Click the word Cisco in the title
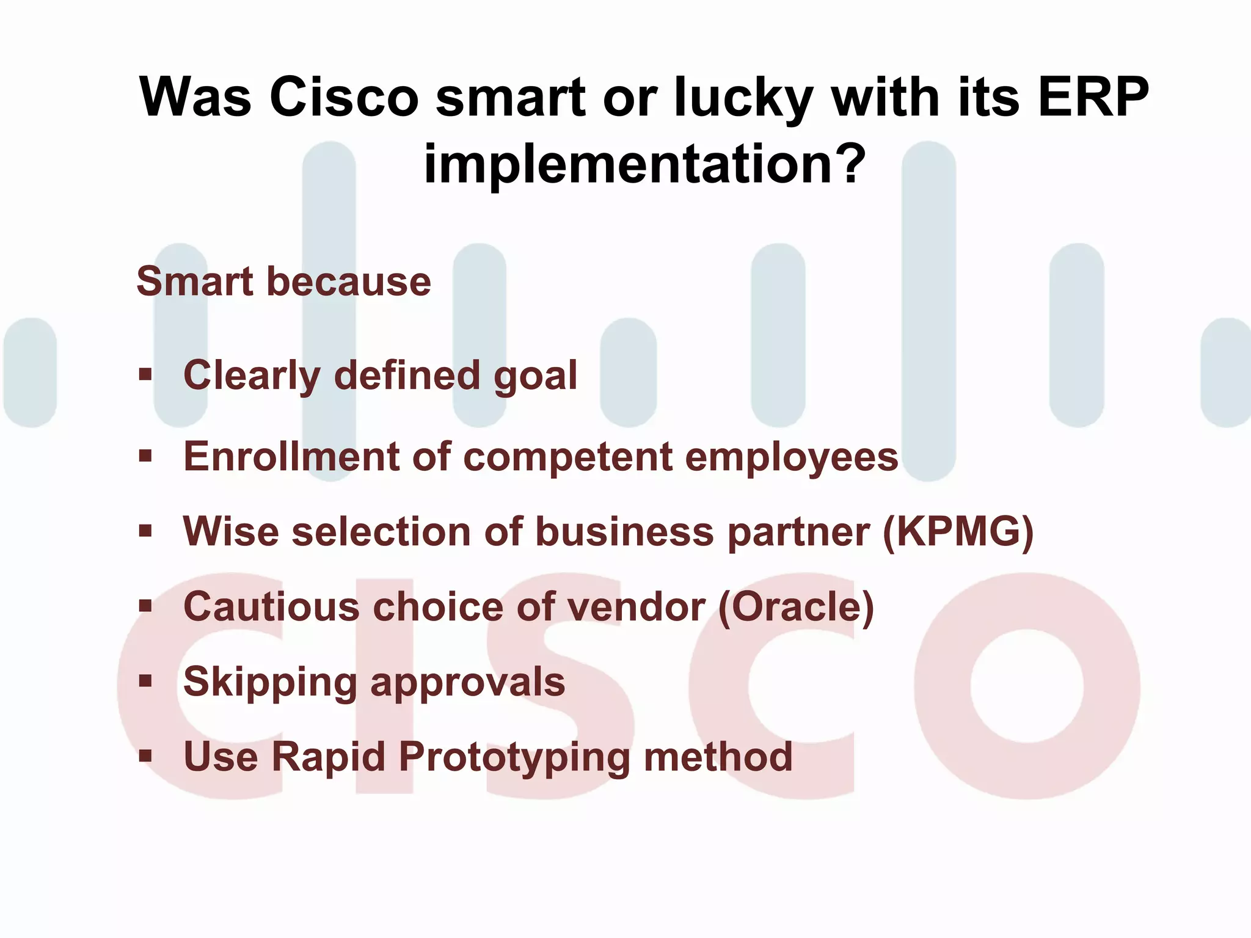click(x=344, y=98)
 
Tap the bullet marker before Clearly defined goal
click(x=145, y=374)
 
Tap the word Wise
click(x=232, y=531)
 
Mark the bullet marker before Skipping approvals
click(x=145, y=680)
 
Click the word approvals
click(x=467, y=683)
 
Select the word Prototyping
click(x=514, y=758)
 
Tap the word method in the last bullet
click(x=718, y=757)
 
